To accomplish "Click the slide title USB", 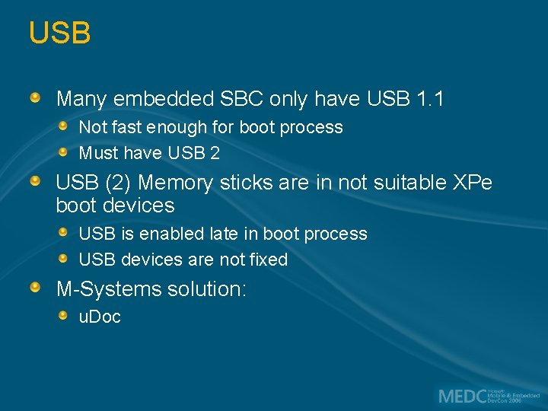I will point(59,33).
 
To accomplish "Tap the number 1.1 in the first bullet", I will point(432,99).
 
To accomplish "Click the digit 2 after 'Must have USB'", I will point(215,153).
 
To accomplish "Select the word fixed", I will point(269,260).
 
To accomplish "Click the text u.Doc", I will point(100,317).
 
